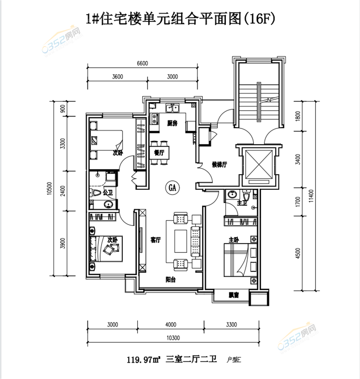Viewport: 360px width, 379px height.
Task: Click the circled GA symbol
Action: pos(172,188)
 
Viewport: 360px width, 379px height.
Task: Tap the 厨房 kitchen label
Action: pos(172,123)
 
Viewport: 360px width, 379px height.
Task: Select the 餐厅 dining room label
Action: pos(159,152)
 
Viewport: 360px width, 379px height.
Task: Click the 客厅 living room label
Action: pos(155,240)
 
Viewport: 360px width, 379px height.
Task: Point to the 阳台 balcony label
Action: pos(171,280)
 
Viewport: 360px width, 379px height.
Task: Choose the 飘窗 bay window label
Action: pos(234,295)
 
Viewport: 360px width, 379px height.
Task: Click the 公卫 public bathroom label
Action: pos(108,193)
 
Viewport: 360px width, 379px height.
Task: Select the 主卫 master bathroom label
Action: pos(241,204)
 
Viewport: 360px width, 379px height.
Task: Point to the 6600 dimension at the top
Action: pos(143,64)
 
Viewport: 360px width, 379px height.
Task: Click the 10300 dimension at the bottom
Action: pos(174,338)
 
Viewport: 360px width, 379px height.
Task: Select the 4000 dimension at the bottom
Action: pos(171,325)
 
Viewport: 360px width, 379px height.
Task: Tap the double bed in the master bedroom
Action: pos(236,260)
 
